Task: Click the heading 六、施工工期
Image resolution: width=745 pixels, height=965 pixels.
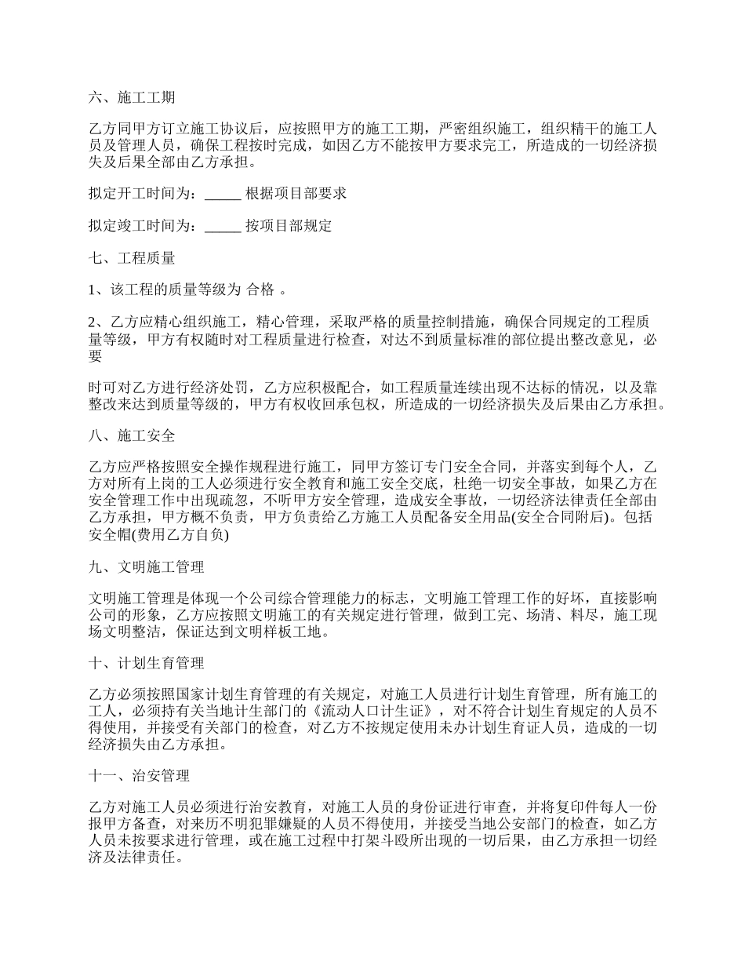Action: [131, 98]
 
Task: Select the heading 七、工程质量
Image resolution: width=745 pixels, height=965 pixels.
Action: [131, 257]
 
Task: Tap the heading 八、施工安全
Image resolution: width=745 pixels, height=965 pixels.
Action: [131, 434]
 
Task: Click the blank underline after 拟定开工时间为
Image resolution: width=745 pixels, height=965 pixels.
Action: [223, 194]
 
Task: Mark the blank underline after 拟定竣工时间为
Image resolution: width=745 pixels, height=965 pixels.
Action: [223, 226]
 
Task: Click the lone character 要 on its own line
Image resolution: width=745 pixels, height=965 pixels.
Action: [95, 356]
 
